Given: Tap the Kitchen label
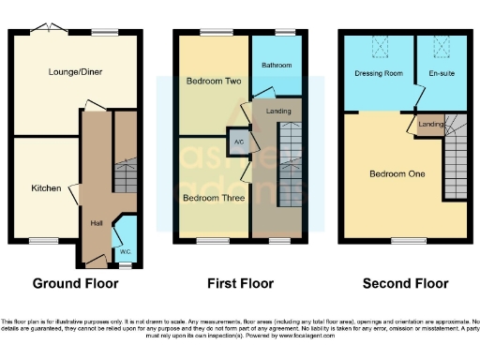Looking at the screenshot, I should click(x=47, y=188).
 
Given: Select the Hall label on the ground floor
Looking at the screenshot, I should click(x=96, y=223).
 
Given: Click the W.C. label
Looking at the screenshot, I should click(x=125, y=252).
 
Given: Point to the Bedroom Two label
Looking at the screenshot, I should click(x=214, y=82).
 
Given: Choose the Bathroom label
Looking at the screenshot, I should click(x=277, y=66).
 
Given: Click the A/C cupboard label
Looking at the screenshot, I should click(x=238, y=142).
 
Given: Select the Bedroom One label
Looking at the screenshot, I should click(x=397, y=174).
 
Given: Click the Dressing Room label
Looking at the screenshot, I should click(x=379, y=72).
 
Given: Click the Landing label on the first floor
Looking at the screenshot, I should click(x=278, y=112).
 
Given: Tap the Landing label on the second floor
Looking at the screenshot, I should click(x=430, y=125).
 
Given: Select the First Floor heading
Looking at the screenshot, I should click(x=240, y=283).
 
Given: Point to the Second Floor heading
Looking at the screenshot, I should click(x=406, y=283).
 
